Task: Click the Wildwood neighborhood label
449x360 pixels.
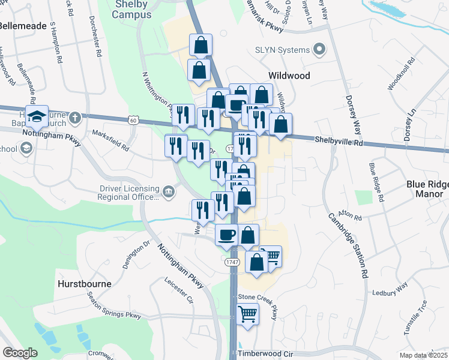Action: (289, 76)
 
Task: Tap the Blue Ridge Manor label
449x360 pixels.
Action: (416, 189)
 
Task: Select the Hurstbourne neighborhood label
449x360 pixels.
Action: (84, 281)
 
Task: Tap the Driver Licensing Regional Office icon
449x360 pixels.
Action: (169, 192)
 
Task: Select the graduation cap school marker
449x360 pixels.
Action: (37, 117)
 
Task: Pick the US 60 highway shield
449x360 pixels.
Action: (133, 121)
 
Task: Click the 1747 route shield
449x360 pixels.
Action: (233, 263)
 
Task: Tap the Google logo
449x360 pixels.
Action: (20, 353)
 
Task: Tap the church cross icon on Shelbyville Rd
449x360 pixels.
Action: (75, 117)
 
